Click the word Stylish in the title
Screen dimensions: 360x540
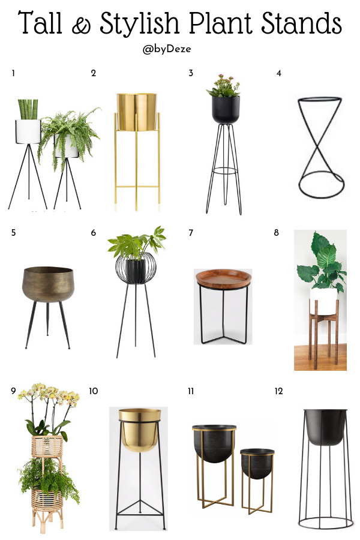pyautogui.click(x=140, y=23)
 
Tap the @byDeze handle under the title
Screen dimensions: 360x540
pyautogui.click(x=167, y=49)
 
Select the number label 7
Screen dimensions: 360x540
pyautogui.click(x=191, y=233)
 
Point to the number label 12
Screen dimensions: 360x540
pyautogui.click(x=278, y=391)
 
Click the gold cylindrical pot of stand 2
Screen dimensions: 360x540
pyautogui.click(x=137, y=112)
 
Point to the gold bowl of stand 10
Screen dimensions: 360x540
pyautogui.click(x=140, y=430)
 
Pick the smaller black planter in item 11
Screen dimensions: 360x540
pyautogui.click(x=257, y=463)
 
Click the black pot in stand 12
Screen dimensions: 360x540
pyautogui.click(x=325, y=427)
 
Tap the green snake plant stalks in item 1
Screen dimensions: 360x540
pyautogui.click(x=28, y=110)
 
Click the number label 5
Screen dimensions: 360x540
pyautogui.click(x=13, y=233)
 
